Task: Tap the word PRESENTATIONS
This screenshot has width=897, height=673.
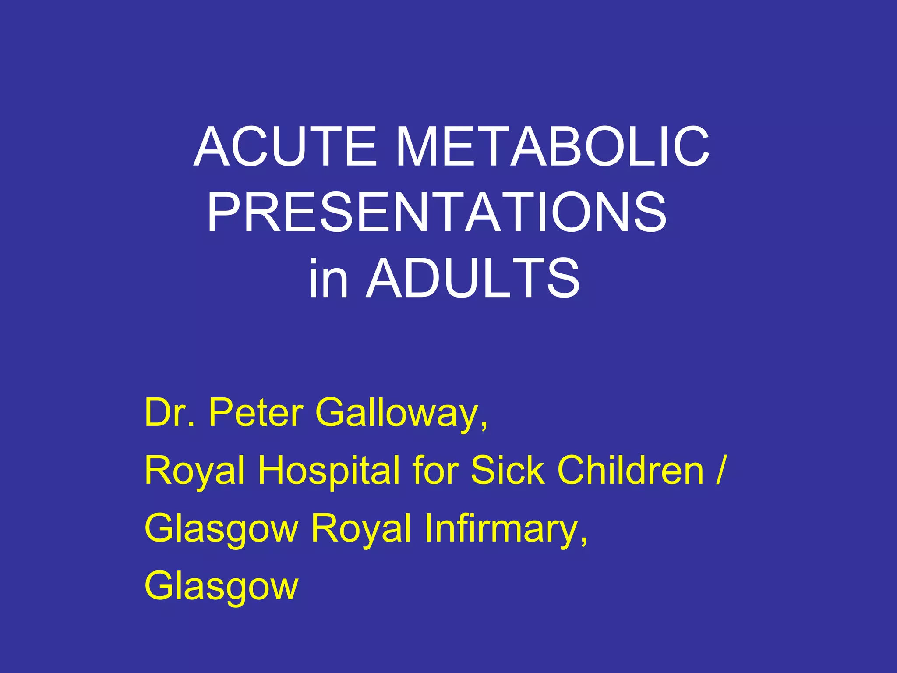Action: point(437,213)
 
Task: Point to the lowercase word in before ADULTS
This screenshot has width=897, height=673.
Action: point(328,279)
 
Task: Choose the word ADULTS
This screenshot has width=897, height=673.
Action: point(473,279)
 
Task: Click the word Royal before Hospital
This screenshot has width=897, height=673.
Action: point(194,471)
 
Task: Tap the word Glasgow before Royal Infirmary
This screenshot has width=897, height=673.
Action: point(221,529)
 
